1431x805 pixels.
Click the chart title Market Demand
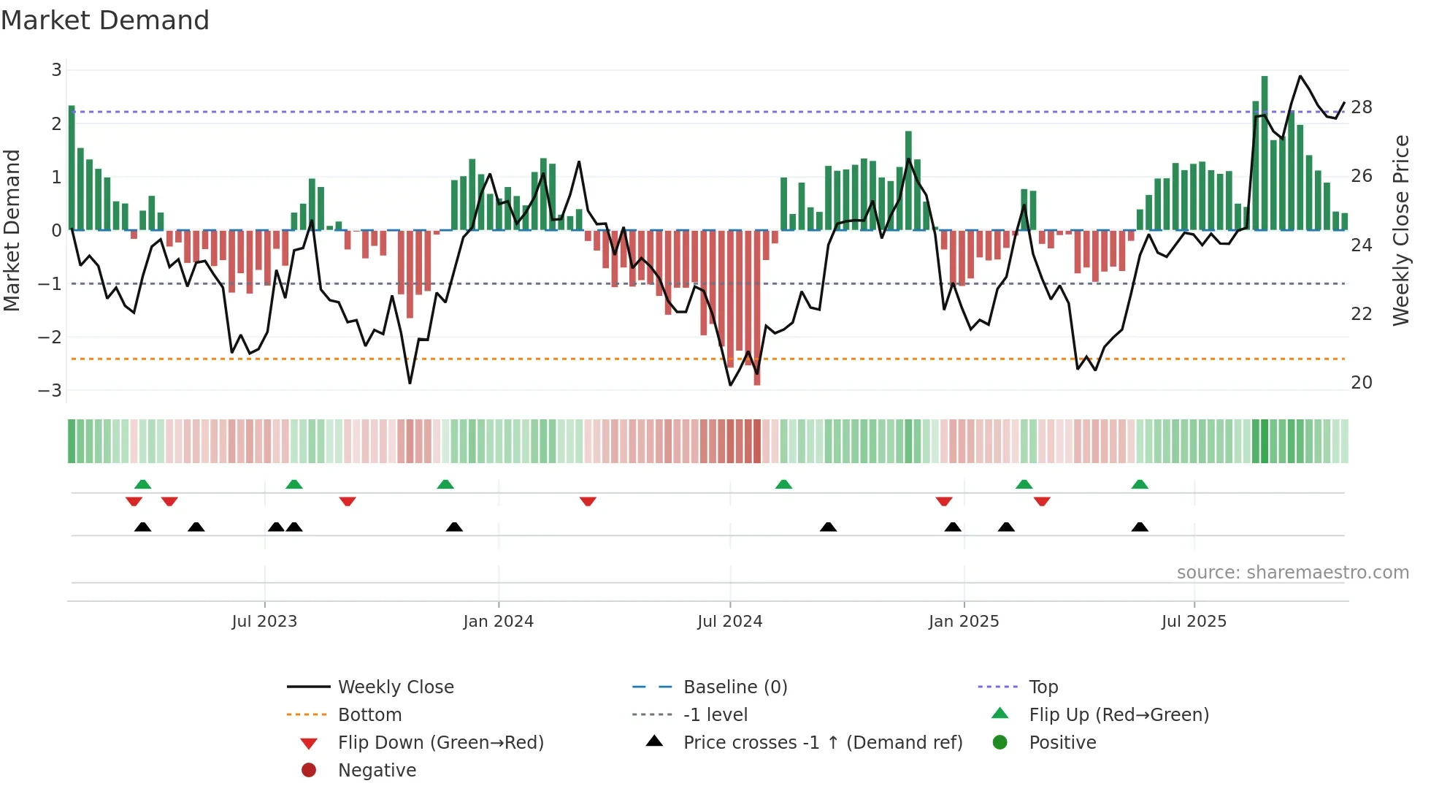(105, 20)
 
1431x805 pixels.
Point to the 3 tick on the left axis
(56, 70)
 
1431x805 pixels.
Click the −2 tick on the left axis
(50, 337)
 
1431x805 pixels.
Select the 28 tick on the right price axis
(1362, 107)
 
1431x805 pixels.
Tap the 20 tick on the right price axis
(1362, 382)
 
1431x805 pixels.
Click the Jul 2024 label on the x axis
(729, 622)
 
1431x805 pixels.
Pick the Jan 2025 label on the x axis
(964, 622)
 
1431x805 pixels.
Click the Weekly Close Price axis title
(1401, 230)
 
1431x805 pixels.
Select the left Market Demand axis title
(12, 230)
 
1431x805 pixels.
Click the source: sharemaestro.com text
(1292, 573)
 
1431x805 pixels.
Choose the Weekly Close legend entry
(396, 687)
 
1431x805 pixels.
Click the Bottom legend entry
(369, 715)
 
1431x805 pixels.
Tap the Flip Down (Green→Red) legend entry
(440, 743)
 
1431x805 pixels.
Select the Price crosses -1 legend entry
(823, 743)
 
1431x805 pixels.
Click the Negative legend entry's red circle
(309, 771)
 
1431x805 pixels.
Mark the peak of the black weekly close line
(1300, 76)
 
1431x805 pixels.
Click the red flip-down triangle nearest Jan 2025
(944, 501)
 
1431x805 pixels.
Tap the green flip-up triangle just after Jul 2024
(783, 484)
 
